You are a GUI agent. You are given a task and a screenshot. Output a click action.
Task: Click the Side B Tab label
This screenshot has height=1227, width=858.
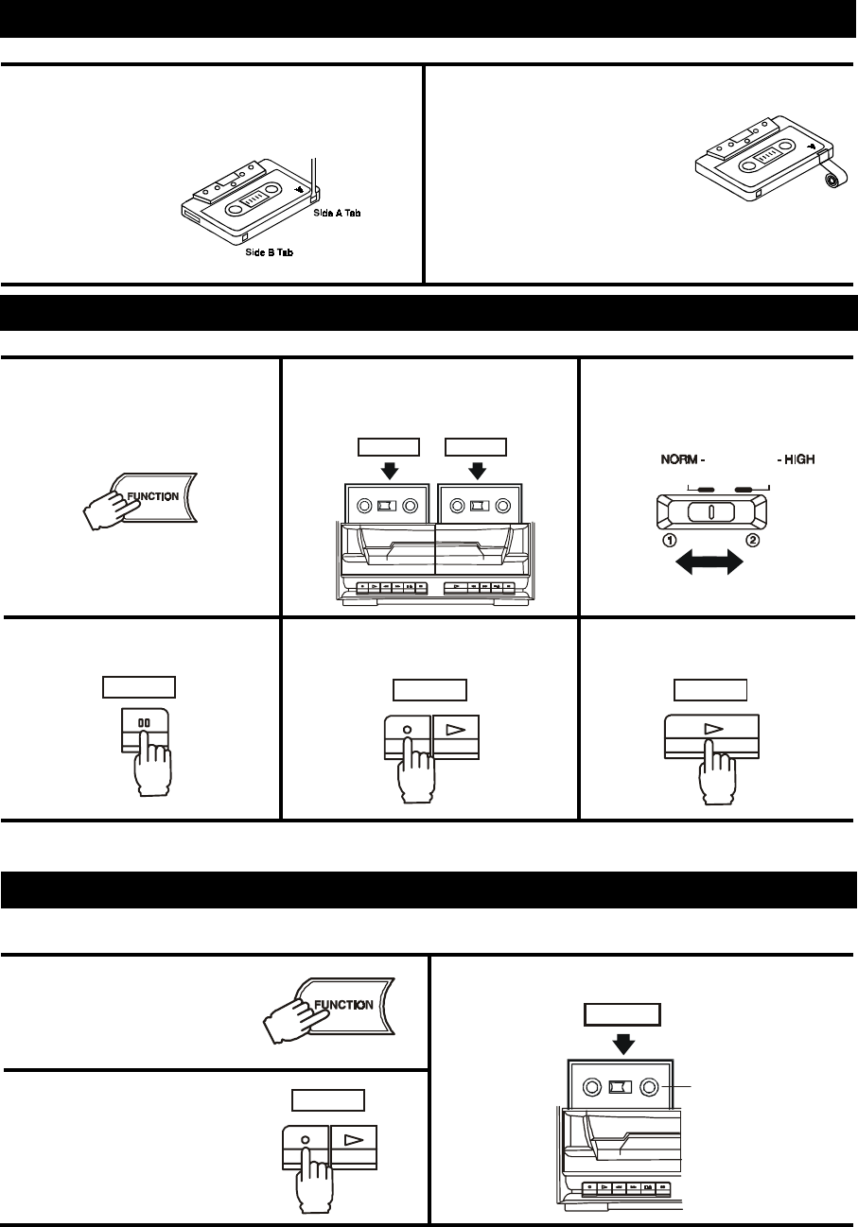[x=260, y=253]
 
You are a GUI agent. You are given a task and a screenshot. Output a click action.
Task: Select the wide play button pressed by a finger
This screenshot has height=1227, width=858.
[x=712, y=733]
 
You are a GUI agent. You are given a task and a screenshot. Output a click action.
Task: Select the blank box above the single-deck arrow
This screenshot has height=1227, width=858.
[x=622, y=1014]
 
